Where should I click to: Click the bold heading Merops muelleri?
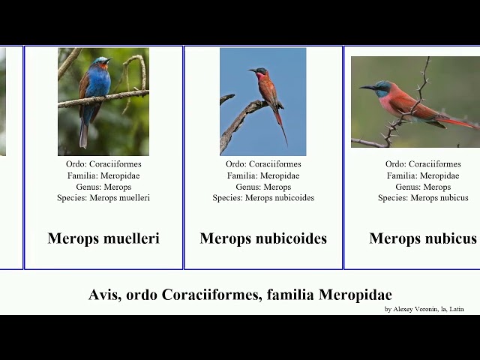(x=103, y=238)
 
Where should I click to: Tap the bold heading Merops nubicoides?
(x=263, y=238)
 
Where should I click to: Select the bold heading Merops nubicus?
(x=423, y=238)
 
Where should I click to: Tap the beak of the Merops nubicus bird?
(x=367, y=88)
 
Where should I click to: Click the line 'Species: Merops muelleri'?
(x=103, y=198)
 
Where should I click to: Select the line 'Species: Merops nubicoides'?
(x=263, y=198)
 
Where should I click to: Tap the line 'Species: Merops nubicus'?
(x=423, y=198)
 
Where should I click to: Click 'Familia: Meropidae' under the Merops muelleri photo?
(x=103, y=175)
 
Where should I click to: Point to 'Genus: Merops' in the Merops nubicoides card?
(x=263, y=187)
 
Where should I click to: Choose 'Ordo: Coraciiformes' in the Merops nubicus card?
(x=423, y=164)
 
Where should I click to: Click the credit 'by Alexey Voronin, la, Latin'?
(x=424, y=309)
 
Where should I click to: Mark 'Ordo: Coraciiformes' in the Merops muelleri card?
(x=103, y=164)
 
